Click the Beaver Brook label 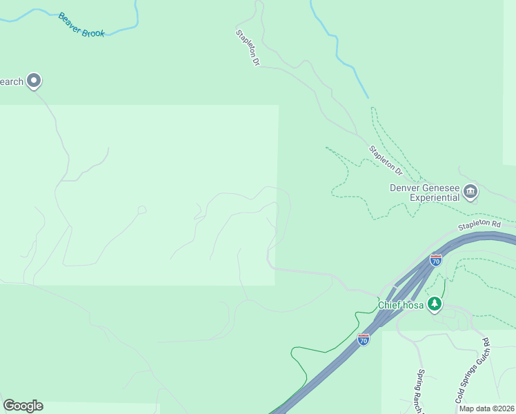pyautogui.click(x=81, y=25)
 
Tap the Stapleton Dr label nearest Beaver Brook pyautogui.click(x=247, y=48)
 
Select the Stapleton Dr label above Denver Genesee pyautogui.click(x=385, y=159)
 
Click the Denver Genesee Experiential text pyautogui.click(x=425, y=192)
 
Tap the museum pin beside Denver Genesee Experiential pyautogui.click(x=470, y=191)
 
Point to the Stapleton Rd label pyautogui.click(x=479, y=225)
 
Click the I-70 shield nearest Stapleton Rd pyautogui.click(x=435, y=260)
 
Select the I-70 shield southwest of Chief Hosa pyautogui.click(x=364, y=339)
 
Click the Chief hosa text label pyautogui.click(x=400, y=304)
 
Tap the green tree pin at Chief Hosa pyautogui.click(x=434, y=304)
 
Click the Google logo pyautogui.click(x=23, y=406)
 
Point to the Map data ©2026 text pyautogui.click(x=486, y=408)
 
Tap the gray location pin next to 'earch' pyautogui.click(x=34, y=81)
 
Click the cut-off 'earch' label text pyautogui.click(x=12, y=81)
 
